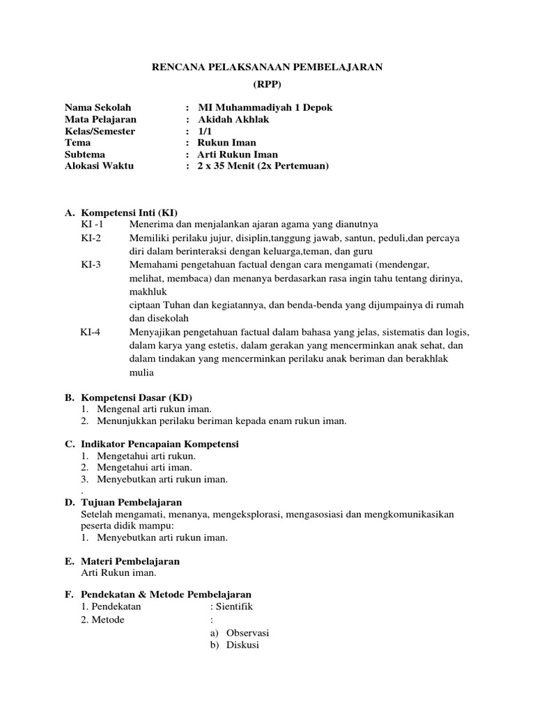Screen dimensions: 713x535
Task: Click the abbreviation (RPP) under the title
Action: click(x=267, y=84)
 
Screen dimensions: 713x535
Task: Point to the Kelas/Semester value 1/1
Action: click(x=204, y=131)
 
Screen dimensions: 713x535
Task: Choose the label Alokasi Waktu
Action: click(x=99, y=166)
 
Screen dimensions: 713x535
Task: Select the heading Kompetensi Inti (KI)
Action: click(x=134, y=212)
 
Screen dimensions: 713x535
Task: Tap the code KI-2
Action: click(x=91, y=237)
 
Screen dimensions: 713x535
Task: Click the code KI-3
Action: click(x=91, y=265)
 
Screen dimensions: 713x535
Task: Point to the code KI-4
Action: click(x=91, y=331)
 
